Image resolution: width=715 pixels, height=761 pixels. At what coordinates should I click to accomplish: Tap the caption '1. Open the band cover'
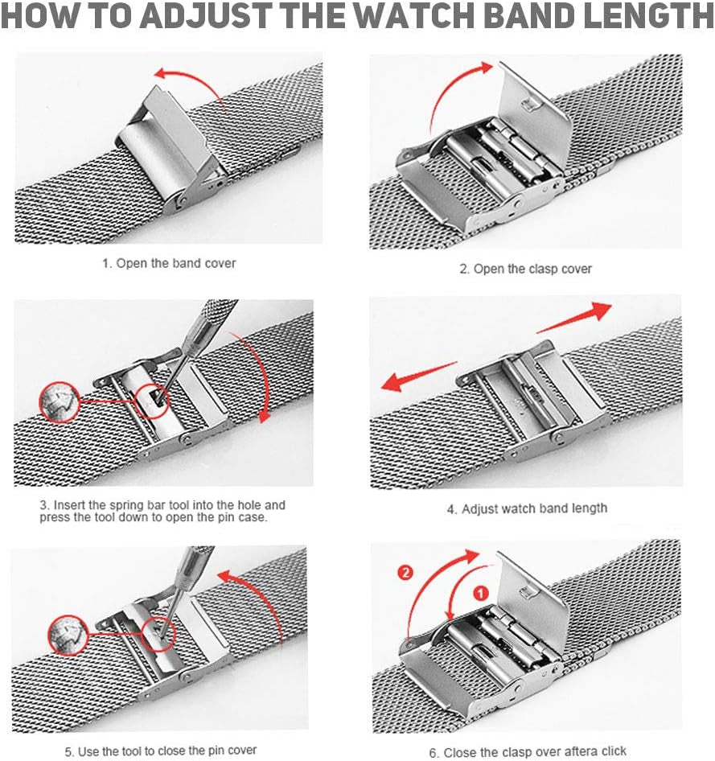[x=170, y=263]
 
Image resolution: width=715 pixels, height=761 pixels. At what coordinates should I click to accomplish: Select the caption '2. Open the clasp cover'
[x=525, y=269]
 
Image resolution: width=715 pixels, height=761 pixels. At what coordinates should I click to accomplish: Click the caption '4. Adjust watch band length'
[x=527, y=508]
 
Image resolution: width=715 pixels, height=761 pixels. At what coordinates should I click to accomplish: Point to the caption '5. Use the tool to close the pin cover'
[x=161, y=750]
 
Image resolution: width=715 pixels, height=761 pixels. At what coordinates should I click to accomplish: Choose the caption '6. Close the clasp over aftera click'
[x=528, y=752]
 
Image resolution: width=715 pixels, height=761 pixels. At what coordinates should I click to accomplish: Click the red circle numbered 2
[x=405, y=573]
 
